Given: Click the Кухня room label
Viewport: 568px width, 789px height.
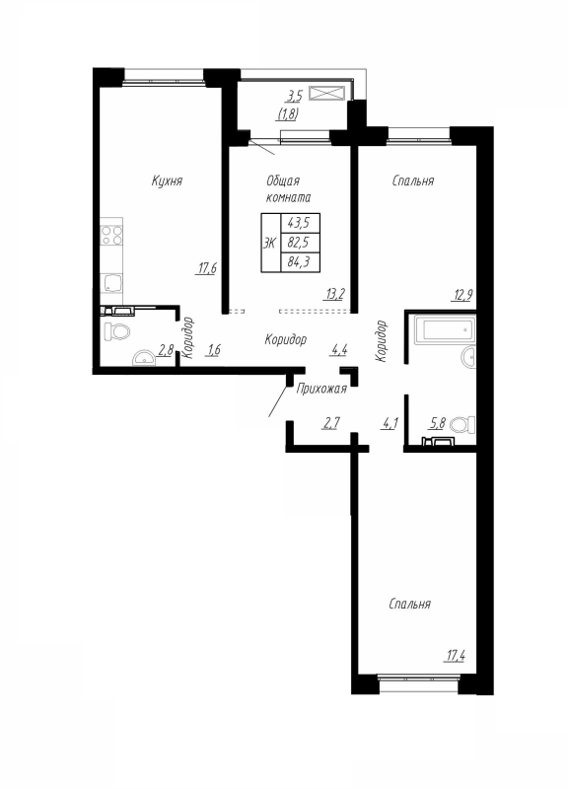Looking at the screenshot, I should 168,180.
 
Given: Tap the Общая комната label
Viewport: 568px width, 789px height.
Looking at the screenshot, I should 289,188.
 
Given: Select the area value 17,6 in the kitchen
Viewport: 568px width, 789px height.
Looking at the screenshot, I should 205,266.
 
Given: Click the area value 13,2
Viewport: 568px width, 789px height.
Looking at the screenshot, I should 335,292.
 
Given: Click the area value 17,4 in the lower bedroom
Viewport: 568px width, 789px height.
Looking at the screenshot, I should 456,654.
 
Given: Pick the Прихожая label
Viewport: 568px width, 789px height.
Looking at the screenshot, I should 321,391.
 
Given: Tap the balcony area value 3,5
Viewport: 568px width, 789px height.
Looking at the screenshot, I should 293,97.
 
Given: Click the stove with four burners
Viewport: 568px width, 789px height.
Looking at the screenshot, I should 111,236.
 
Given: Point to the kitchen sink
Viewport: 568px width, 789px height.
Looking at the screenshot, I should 110,284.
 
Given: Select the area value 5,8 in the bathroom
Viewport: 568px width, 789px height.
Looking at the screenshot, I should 437,425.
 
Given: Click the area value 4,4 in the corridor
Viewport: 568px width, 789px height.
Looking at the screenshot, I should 338,349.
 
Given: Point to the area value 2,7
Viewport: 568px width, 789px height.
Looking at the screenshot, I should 331,425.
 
